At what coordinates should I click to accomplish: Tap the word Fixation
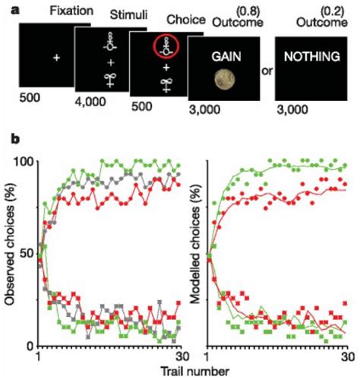click(x=69, y=11)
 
